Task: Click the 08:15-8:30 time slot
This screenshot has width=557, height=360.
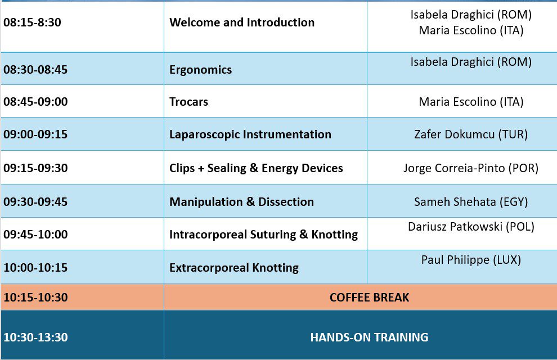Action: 32,22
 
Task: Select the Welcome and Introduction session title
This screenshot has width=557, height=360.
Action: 242,22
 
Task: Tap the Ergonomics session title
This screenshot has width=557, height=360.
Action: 201,70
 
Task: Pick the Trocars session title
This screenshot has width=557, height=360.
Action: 188,102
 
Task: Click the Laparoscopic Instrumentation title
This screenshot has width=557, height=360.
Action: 250,134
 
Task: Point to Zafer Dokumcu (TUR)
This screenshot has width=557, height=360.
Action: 471,134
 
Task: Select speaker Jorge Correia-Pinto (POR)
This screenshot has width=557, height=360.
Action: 471,168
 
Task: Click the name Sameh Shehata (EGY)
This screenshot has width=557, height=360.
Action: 471,202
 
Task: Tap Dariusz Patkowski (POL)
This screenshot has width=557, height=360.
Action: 471,227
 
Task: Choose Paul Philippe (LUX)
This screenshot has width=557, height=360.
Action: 471,260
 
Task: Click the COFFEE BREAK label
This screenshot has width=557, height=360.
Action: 370,298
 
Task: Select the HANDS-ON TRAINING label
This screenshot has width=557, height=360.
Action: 370,337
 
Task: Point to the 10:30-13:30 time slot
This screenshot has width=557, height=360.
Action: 35,337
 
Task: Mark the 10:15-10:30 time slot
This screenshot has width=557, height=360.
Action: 35,298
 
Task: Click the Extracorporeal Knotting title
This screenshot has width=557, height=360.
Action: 234,268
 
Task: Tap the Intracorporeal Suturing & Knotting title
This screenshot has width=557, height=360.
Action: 263,235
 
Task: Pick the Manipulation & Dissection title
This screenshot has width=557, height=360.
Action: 241,202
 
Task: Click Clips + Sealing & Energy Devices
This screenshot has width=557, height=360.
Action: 256,168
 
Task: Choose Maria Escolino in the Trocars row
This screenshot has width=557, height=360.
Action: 458,102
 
